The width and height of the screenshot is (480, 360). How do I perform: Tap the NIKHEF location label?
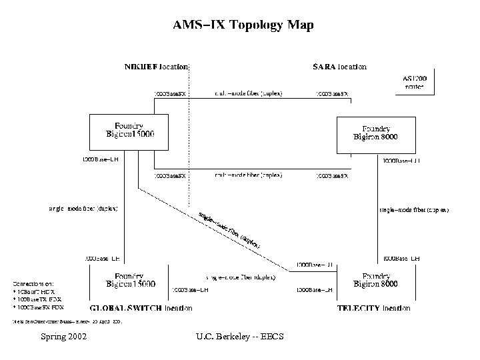pyautogui.click(x=157, y=67)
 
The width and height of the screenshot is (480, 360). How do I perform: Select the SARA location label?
pyautogui.click(x=339, y=67)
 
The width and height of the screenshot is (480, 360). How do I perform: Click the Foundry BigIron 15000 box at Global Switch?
pyautogui.click(x=130, y=280)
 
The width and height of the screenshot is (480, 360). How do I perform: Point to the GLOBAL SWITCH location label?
pyautogui.click(x=141, y=308)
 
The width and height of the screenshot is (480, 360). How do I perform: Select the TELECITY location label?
pyautogui.click(x=373, y=308)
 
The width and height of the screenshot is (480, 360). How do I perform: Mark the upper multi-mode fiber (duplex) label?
pyautogui.click(x=248, y=94)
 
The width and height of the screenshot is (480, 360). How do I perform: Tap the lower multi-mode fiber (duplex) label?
pyautogui.click(x=248, y=175)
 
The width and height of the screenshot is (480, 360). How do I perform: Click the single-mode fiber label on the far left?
pyautogui.click(x=83, y=209)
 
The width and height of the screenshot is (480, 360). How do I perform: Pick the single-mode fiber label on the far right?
pyautogui.click(x=413, y=210)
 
